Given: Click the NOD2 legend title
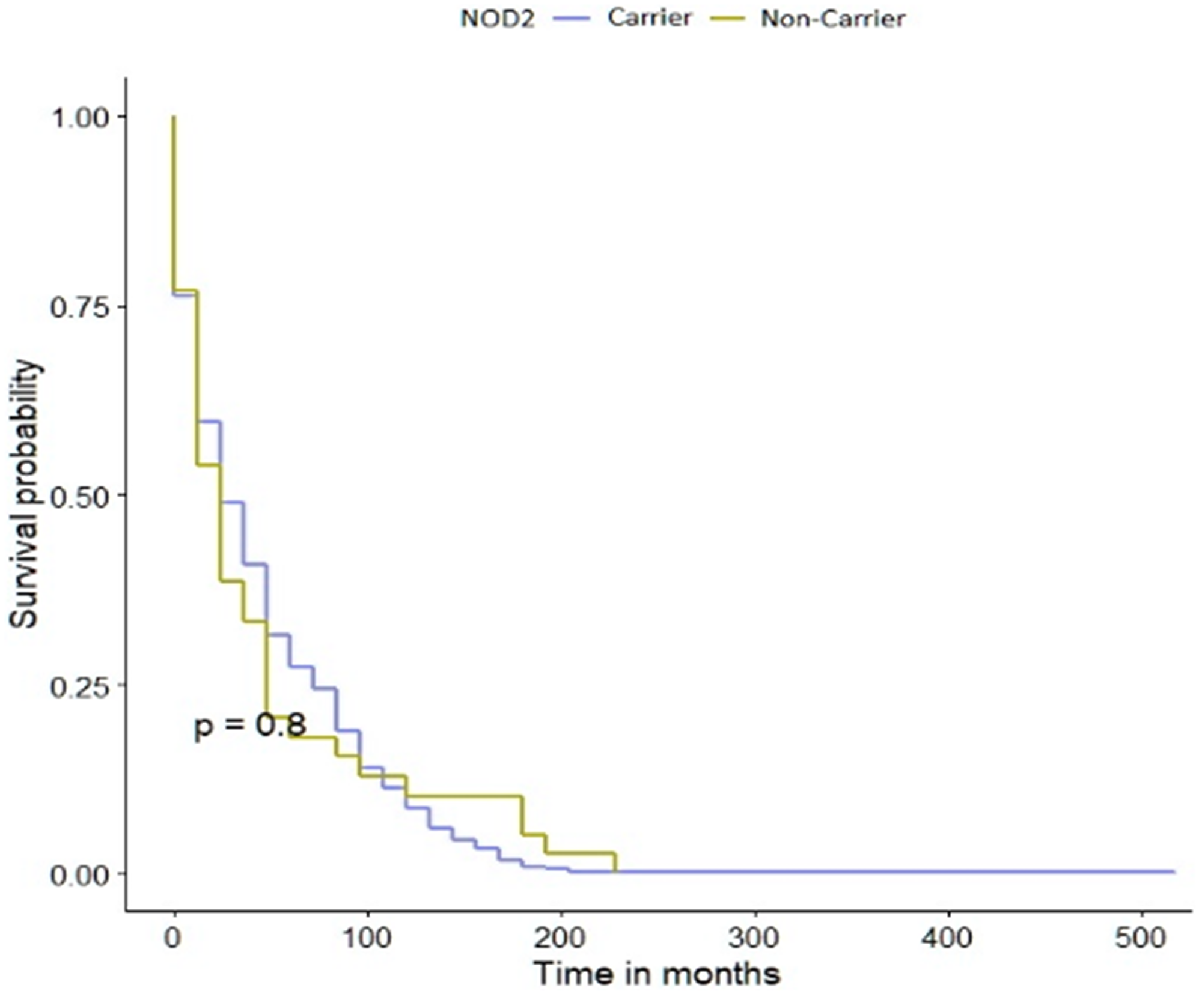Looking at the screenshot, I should pos(497,19).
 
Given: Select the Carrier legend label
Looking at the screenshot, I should pos(649,18).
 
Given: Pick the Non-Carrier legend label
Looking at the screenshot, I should pos(833,19).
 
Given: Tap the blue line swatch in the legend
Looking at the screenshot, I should pos(572,19).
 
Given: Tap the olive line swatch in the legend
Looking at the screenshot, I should pos(727,19).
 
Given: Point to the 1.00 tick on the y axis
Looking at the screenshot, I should pos(79,118).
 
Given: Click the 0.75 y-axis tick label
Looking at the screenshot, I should pos(79,308).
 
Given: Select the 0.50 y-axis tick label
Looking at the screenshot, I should pos(79,497).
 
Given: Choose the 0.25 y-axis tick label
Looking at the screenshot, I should pos(79,686).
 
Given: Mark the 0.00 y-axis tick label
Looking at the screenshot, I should pos(79,876).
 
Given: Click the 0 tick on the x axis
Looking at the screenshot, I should pos(173,938).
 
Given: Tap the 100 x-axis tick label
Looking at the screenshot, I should pos(367,938).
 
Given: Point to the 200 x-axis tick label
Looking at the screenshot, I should pos(561,938).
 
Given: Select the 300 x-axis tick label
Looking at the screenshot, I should pos(754,938).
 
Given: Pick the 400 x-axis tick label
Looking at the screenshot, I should pos(948,938).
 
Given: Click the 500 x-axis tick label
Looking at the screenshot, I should pos(1141,938).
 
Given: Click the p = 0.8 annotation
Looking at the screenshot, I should pos(250,726).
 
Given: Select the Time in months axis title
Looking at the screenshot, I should pos(657,974).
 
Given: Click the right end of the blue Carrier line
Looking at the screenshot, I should pos(1174,871).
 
